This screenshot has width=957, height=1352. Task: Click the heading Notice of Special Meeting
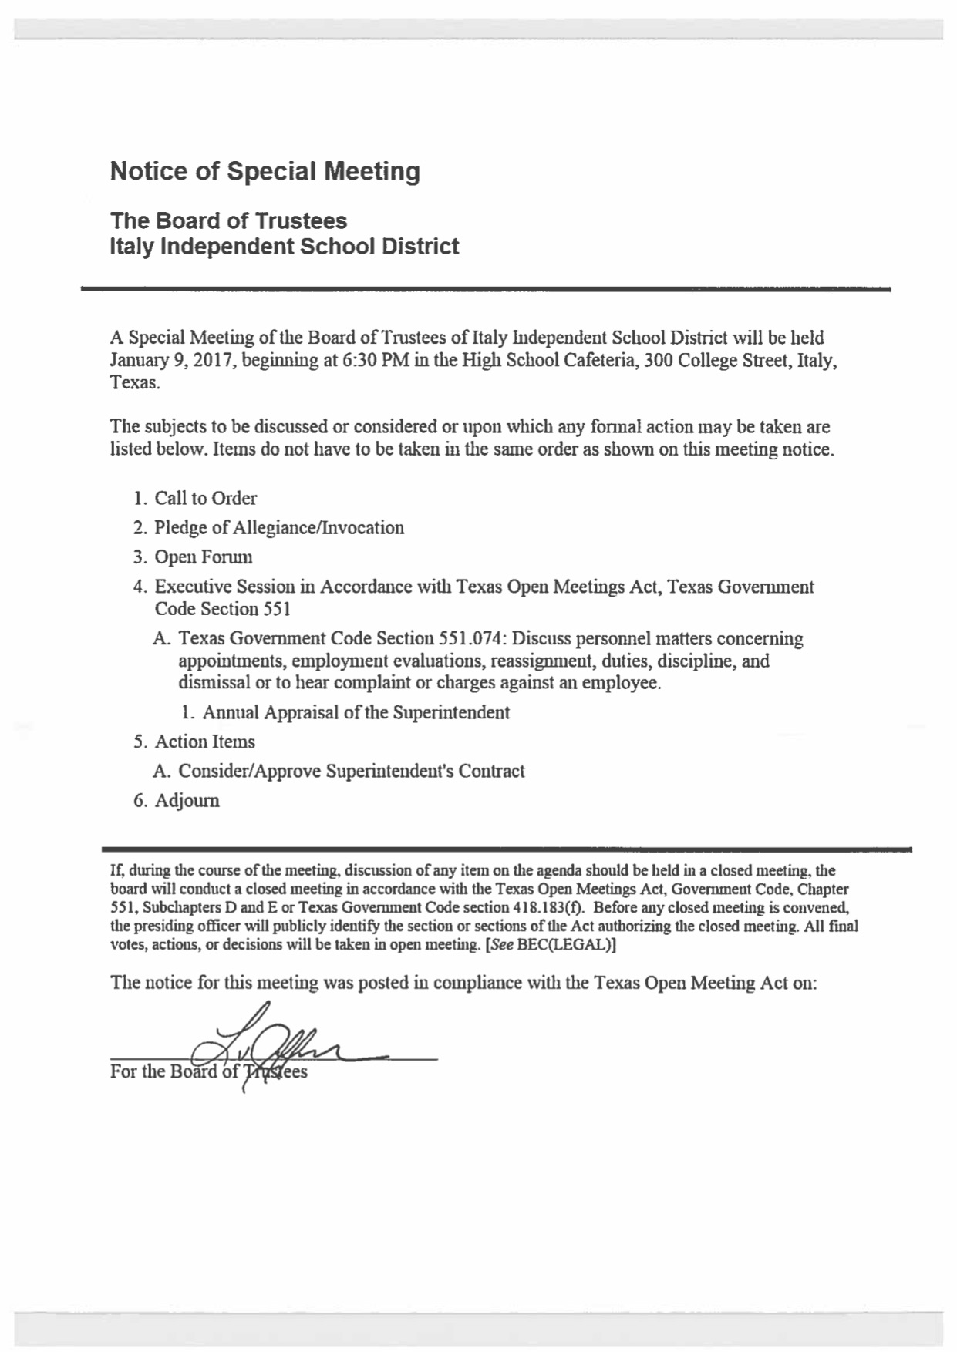click(x=265, y=171)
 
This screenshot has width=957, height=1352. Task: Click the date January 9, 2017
click(x=172, y=360)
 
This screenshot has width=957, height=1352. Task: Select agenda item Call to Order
click(x=205, y=499)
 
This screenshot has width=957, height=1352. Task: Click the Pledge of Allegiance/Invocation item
click(x=278, y=528)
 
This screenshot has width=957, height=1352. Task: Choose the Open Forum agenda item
click(x=203, y=557)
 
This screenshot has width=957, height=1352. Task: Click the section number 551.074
click(x=470, y=639)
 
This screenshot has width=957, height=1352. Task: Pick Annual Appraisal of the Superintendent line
click(x=356, y=713)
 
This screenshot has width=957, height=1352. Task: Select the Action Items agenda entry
click(x=204, y=742)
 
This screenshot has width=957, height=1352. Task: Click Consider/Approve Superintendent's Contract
click(x=351, y=772)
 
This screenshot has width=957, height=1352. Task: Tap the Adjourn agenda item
click(x=187, y=801)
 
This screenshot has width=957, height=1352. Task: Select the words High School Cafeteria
click(x=550, y=360)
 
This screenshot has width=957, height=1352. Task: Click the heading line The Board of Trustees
click(x=228, y=221)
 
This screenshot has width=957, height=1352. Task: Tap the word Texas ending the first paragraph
click(x=134, y=383)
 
